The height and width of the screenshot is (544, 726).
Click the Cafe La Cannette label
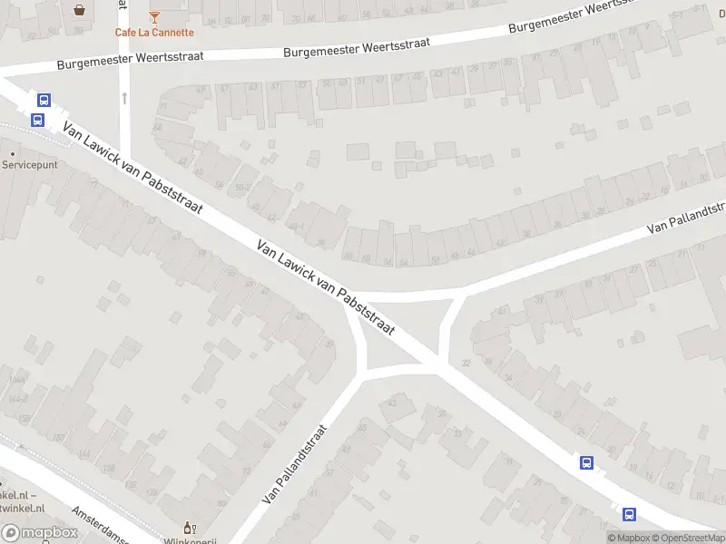(154, 33)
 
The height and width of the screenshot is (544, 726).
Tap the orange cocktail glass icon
(154, 16)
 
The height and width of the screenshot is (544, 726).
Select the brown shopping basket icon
(80, 10)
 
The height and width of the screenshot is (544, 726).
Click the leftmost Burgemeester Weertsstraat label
(130, 60)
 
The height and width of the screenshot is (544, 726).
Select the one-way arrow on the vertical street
(124, 96)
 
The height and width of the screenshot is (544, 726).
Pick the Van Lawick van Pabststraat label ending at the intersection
(326, 287)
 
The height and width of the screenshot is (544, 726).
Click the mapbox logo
(38, 533)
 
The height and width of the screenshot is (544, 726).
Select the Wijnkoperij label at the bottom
(190, 541)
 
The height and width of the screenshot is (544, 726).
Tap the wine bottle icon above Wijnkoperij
(190, 527)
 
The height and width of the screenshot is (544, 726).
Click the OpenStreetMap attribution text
(692, 538)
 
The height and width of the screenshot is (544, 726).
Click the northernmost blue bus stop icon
(43, 101)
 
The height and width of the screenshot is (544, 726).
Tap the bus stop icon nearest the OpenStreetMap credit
(629, 514)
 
